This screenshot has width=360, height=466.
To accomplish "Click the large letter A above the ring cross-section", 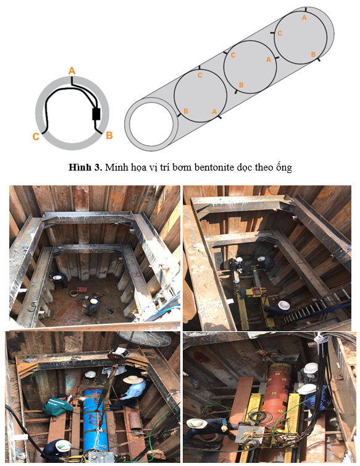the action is [x=72, y=70].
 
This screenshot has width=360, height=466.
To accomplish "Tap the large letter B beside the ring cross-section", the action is [x=109, y=135].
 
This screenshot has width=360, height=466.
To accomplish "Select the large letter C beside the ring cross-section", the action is [x=36, y=137].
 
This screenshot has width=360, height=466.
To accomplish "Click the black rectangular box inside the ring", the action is [x=96, y=114].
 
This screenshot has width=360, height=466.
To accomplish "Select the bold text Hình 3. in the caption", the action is [x=85, y=167].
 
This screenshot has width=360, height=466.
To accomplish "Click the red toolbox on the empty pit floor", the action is [x=82, y=289].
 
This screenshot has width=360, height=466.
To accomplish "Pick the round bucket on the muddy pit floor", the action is [x=73, y=294].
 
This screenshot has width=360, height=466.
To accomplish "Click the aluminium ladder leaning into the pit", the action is [x=316, y=306].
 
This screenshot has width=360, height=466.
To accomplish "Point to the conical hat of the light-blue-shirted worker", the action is [x=133, y=379].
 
